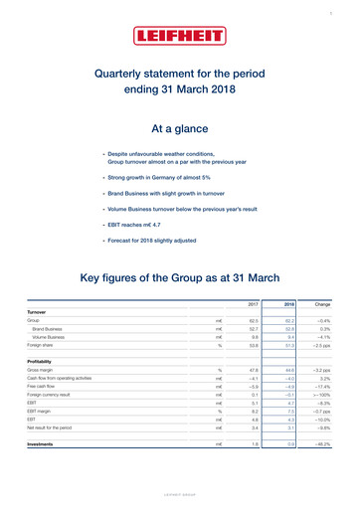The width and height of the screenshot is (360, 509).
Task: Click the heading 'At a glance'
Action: [179, 130]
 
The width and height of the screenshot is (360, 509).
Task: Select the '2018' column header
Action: [289, 302]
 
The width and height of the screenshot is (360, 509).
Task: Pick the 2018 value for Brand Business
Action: [290, 330]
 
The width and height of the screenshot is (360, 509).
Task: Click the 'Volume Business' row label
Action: [54, 339]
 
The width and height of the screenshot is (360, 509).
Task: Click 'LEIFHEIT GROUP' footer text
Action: [179, 493]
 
